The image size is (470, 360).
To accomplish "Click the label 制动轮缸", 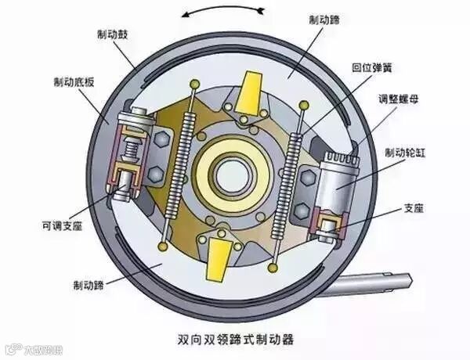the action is [x=406, y=152].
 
